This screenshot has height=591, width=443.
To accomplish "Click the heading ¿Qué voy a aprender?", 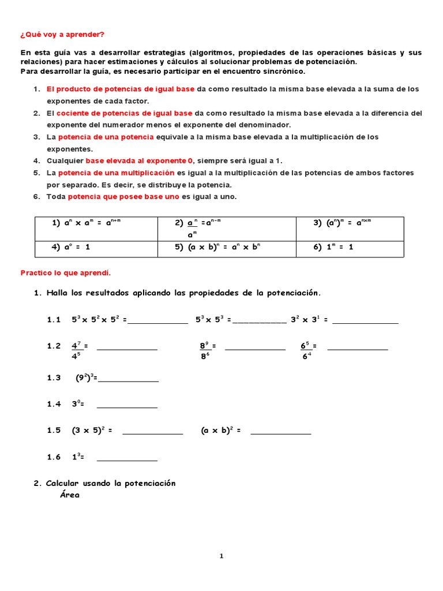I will [x=62, y=35].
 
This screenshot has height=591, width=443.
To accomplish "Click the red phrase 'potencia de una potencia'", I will [x=106, y=137].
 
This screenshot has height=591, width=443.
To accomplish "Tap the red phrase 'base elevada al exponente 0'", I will [x=139, y=161].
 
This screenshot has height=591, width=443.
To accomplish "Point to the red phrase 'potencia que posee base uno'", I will [x=124, y=197].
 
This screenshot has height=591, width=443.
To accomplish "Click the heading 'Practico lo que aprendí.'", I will [x=65, y=272].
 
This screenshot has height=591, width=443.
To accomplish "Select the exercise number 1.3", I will [x=54, y=378].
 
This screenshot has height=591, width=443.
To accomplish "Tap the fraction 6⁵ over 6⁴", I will [x=306, y=350].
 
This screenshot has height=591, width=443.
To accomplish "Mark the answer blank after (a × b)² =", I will [x=281, y=433].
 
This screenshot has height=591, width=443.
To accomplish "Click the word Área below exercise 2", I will [x=70, y=495].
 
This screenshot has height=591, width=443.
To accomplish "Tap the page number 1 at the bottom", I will [x=221, y=556].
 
